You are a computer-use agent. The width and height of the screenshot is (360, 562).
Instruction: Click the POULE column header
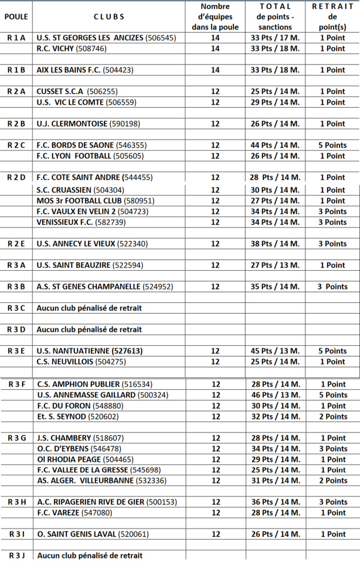16,16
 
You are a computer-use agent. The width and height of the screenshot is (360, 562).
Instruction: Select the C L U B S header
108,16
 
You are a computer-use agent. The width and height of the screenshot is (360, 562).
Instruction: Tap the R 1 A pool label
16,38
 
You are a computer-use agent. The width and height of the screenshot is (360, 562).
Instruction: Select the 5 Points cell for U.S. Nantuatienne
332,351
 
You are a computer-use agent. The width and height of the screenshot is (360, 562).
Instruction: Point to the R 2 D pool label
16,177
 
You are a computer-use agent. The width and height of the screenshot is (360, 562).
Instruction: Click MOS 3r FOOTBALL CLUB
95,200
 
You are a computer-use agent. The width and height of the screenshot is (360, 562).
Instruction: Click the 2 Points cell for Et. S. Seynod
332,417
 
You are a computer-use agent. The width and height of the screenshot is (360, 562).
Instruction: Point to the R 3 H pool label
16,502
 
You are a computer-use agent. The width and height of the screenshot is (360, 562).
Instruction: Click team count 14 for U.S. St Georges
215,38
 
